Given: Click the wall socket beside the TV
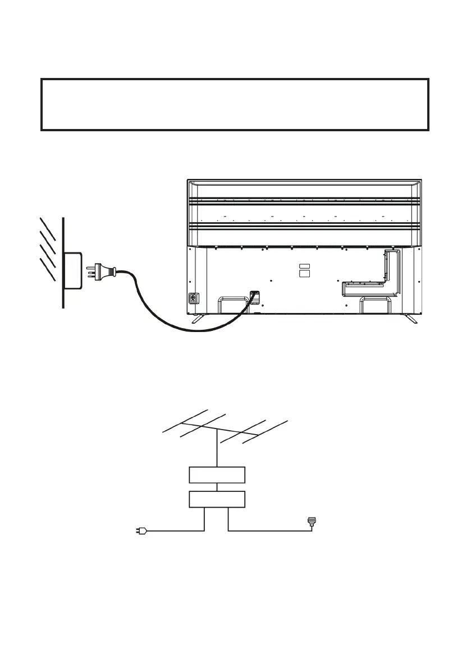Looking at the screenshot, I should point(74,270).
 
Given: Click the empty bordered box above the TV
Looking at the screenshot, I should point(235,105).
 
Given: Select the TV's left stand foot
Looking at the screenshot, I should point(198,318).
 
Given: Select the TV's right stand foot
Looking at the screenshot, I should point(410,318).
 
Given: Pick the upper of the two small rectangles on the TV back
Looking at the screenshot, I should point(304,266).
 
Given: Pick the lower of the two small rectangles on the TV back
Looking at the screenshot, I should point(304,274).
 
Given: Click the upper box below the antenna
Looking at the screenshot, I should point(217,474).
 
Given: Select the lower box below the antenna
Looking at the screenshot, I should point(217,499).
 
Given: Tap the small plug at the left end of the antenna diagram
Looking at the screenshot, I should point(141,531).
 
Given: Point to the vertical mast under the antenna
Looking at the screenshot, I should point(217,452).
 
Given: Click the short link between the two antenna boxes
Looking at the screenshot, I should point(217,487).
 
